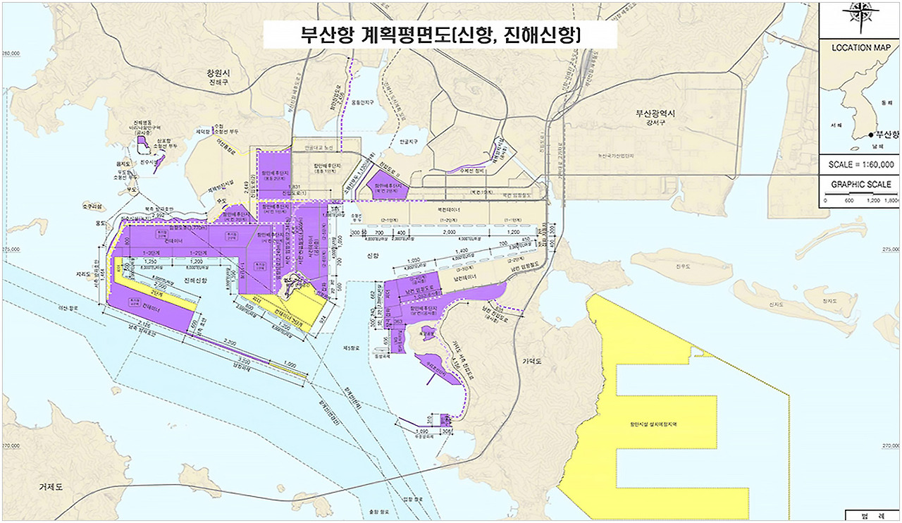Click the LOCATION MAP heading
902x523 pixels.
point(861,49)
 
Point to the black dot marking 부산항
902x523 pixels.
point(872,135)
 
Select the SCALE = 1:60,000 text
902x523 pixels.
point(861,164)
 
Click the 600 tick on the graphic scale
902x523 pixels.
point(848,201)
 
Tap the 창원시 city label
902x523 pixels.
point(218,73)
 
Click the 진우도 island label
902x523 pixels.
point(681,266)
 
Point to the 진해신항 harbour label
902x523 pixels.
point(196,281)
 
